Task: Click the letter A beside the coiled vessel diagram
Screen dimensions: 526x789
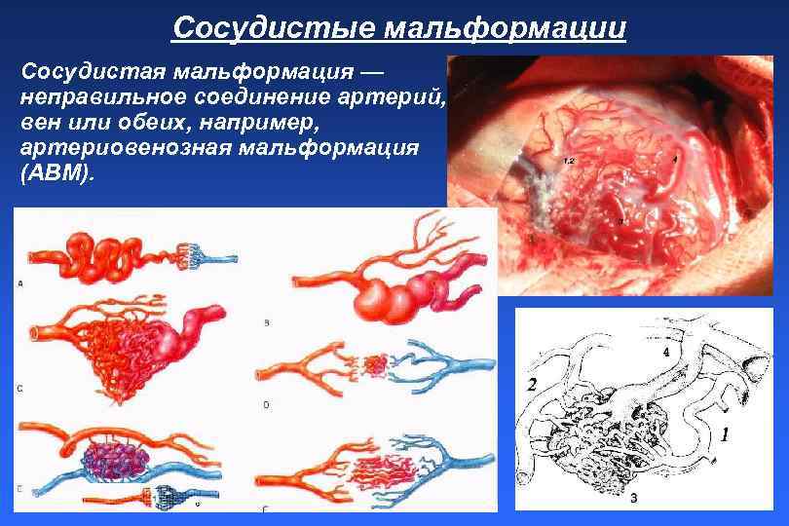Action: [20, 283]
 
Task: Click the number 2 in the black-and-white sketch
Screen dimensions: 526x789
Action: [532, 385]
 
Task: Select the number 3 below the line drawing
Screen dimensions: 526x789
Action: [633, 499]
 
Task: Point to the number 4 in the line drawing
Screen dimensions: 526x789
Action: [666, 351]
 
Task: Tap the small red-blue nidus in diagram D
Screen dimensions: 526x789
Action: [374, 366]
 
